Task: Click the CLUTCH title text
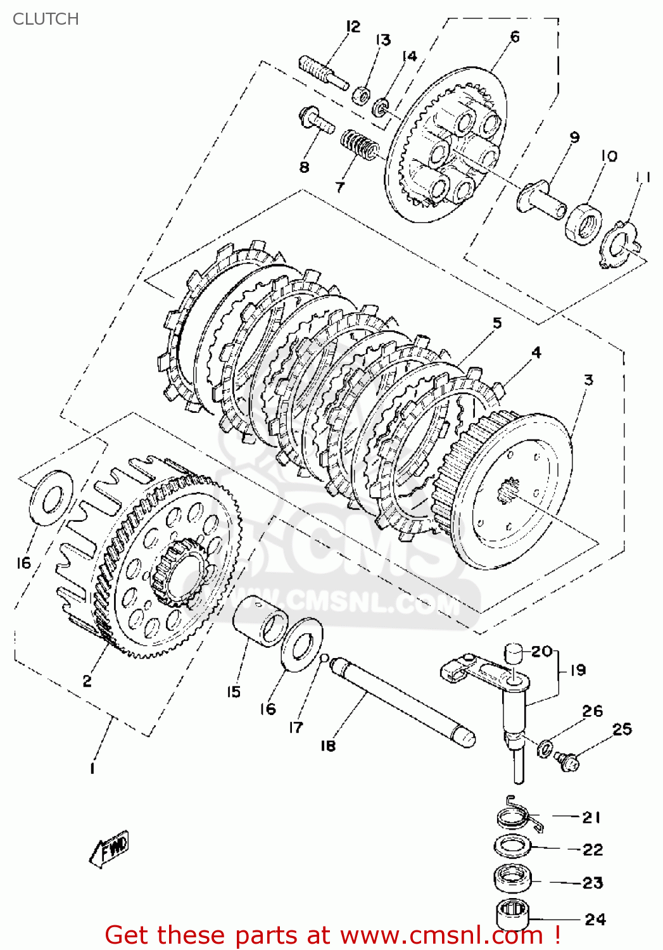tap(46, 19)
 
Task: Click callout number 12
tap(353, 27)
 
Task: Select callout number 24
tap(595, 919)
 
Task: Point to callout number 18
tap(327, 745)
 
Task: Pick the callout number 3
tap(588, 380)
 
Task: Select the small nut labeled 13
tap(362, 96)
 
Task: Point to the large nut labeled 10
tap(584, 222)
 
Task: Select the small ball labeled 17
tap(324, 658)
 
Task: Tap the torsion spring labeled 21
tap(517, 817)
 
